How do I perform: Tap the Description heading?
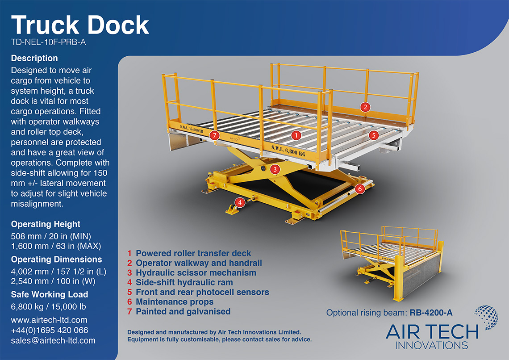coord(34,58)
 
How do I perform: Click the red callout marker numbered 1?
coord(295,134)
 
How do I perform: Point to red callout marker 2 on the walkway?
coord(365,107)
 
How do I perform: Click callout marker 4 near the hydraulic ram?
coord(240,202)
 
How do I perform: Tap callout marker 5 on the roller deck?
coord(373,134)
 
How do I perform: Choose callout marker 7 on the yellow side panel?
coord(214,135)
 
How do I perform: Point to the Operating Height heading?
coord(46,224)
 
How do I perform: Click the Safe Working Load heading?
coord(50,294)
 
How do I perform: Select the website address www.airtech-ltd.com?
coord(49,320)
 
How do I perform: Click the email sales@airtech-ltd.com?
coord(53,340)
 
